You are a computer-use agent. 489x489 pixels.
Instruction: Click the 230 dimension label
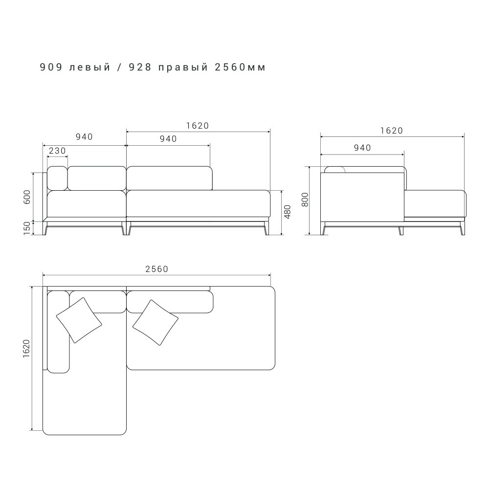click(x=57, y=151)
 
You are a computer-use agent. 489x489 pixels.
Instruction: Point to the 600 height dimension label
click(x=27, y=197)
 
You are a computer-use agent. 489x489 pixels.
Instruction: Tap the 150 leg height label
click(x=27, y=228)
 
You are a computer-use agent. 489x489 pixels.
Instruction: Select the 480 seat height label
click(x=288, y=212)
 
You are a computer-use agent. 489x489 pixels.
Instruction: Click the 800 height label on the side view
click(x=305, y=200)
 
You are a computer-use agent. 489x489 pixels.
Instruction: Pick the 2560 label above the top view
click(x=157, y=269)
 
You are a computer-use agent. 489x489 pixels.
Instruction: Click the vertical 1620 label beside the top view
click(x=26, y=348)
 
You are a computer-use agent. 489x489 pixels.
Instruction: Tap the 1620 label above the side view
click(x=392, y=131)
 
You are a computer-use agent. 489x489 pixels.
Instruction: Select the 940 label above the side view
click(x=362, y=148)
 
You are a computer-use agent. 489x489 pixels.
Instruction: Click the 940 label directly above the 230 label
click(x=84, y=137)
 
